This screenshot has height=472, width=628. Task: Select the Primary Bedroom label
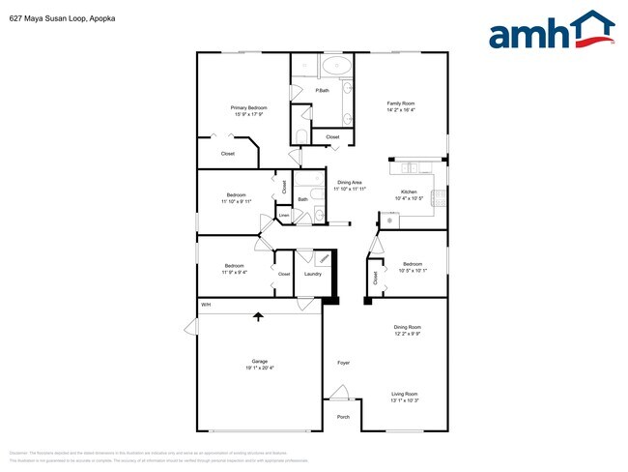(x=248, y=107)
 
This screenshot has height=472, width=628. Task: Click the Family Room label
(x=401, y=103)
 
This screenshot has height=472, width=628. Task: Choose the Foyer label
(x=343, y=363)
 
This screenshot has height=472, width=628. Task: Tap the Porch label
(x=343, y=417)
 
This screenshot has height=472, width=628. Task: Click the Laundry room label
(x=312, y=274)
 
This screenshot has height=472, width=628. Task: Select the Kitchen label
(x=409, y=192)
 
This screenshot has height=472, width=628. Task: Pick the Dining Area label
(x=349, y=183)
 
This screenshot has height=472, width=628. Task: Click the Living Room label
(x=404, y=394)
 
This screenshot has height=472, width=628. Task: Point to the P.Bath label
(x=322, y=91)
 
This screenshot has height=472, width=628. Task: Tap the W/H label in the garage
(x=205, y=306)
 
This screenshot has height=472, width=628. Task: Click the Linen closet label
(x=283, y=215)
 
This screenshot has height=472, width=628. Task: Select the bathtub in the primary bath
(x=336, y=67)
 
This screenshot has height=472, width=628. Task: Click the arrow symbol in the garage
(x=258, y=315)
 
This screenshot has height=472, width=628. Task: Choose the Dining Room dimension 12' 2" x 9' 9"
(x=407, y=335)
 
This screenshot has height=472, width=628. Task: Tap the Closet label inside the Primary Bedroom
(x=228, y=153)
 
